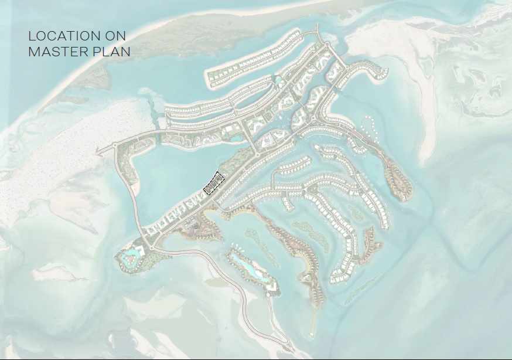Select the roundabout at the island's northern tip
pos(326,44)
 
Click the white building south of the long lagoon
pos(271,286)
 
